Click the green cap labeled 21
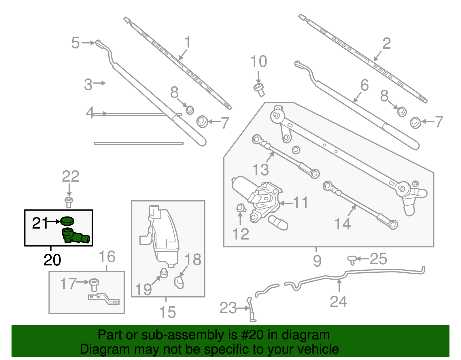point(67,221)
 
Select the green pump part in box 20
point(74,236)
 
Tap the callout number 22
point(71,177)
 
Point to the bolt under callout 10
point(259,89)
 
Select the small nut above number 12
point(241,208)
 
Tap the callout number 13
point(260,169)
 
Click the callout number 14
point(342,224)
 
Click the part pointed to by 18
point(179,282)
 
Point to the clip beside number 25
point(352,260)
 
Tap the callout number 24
point(338,302)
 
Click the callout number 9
point(317,261)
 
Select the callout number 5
point(75,43)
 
